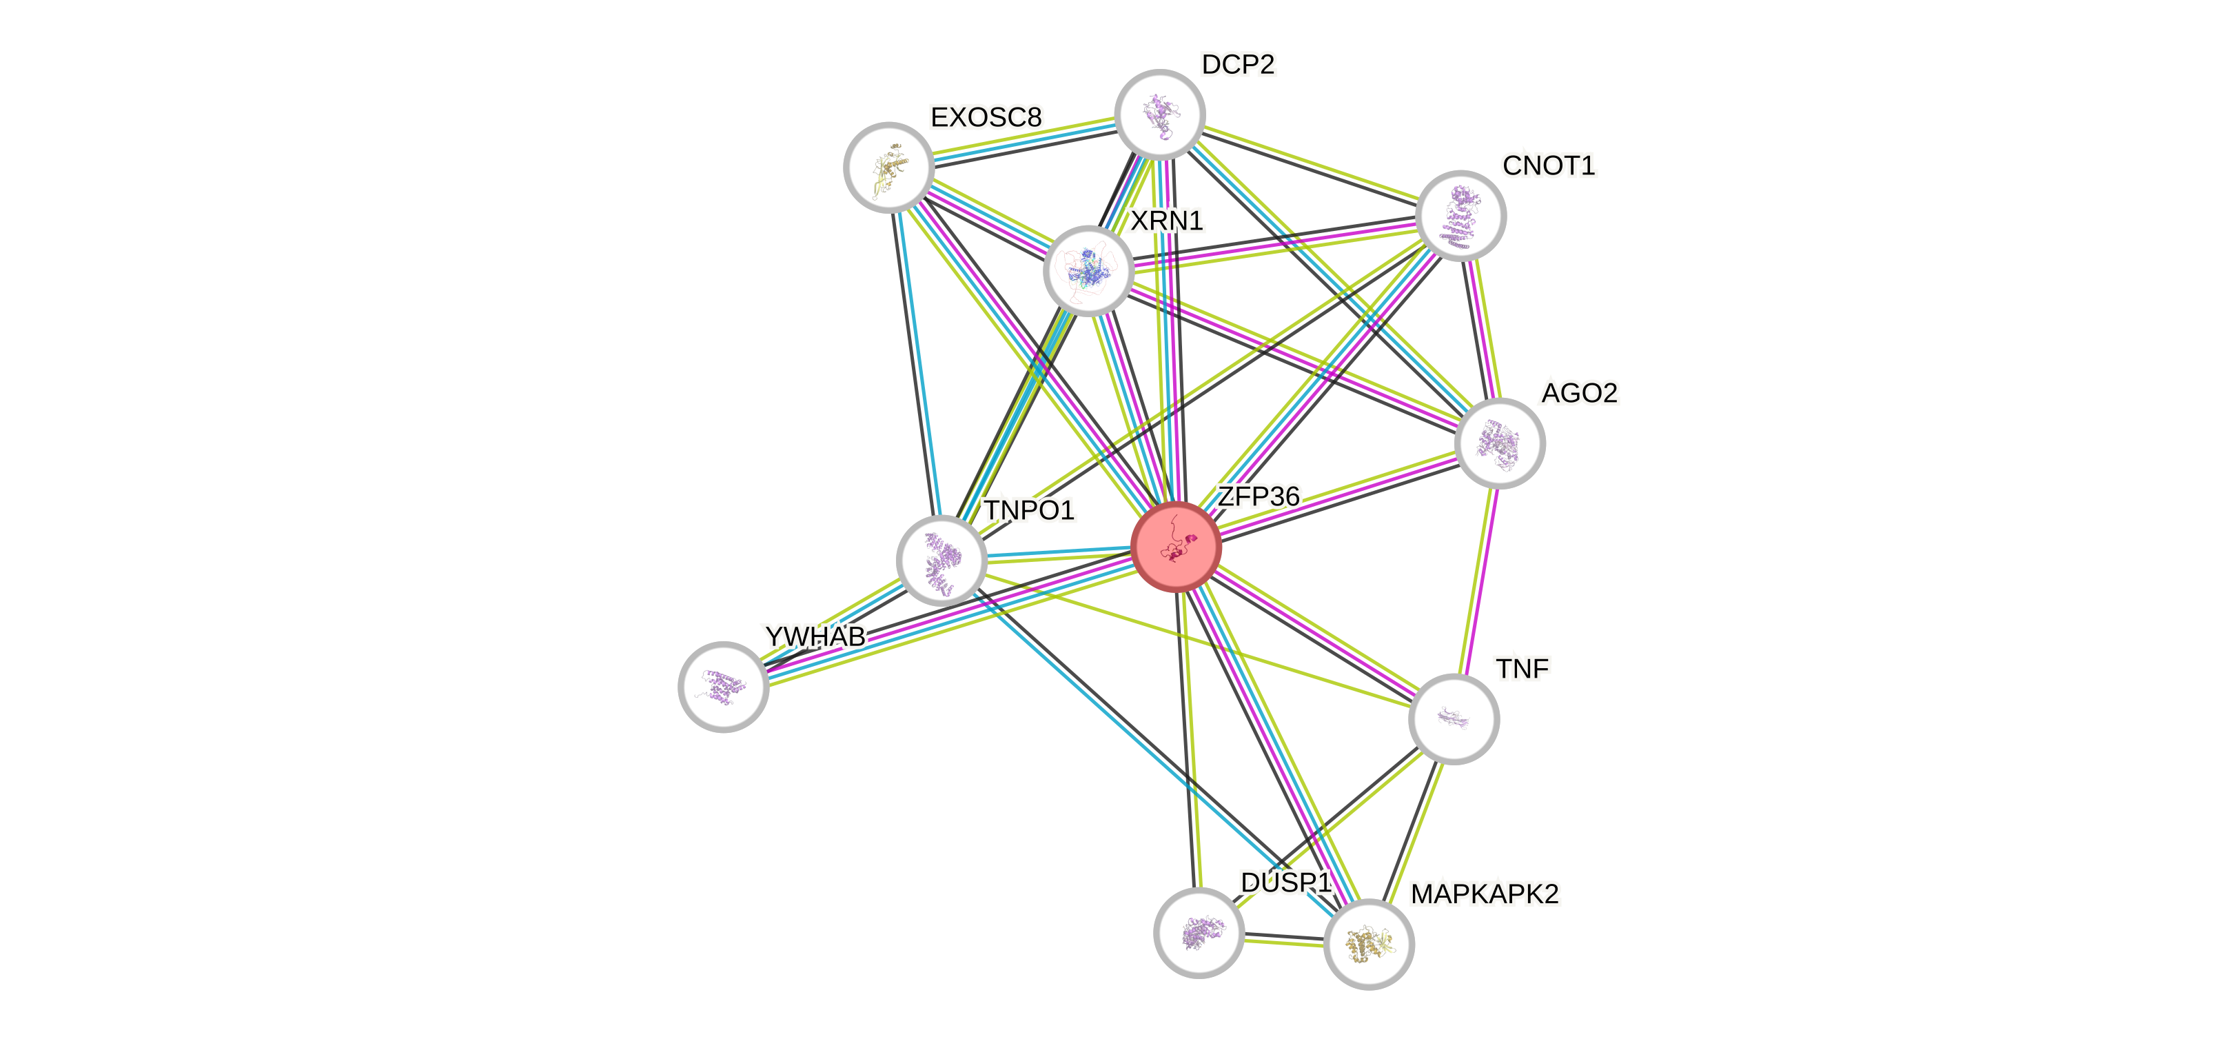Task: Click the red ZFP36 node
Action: [x=1177, y=547]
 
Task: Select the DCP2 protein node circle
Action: [x=1159, y=114]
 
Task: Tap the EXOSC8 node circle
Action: [x=888, y=167]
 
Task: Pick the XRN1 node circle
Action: [x=1088, y=270]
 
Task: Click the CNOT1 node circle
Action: [x=1460, y=216]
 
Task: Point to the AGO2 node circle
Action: [x=1499, y=443]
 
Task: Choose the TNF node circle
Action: [x=1453, y=719]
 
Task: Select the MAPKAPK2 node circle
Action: [x=1369, y=944]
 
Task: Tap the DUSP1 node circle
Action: [x=1199, y=932]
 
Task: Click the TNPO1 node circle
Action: [x=941, y=561]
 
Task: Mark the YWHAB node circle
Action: [x=724, y=687]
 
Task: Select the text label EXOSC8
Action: [x=986, y=117]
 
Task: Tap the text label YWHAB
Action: [x=815, y=636]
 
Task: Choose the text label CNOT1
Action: [x=1548, y=165]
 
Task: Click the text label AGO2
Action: [x=1579, y=393]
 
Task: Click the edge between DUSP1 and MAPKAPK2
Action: [x=1283, y=941]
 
